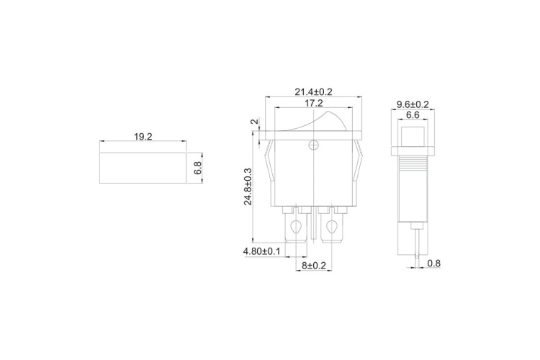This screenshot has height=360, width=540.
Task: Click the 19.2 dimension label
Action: (x=143, y=137)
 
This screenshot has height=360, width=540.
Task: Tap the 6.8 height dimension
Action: (x=197, y=168)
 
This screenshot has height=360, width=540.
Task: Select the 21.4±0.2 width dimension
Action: (x=313, y=92)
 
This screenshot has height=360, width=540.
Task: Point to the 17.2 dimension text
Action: (x=313, y=103)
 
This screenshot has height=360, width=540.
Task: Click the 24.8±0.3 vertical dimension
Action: (x=248, y=186)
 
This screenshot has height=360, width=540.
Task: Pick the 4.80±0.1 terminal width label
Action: (x=262, y=251)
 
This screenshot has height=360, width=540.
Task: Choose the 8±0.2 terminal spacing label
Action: (x=314, y=265)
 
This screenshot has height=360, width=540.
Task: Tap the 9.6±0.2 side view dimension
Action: (x=413, y=104)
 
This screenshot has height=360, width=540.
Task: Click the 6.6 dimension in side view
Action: (x=413, y=115)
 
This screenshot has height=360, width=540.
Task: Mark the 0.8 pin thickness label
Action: (x=434, y=264)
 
